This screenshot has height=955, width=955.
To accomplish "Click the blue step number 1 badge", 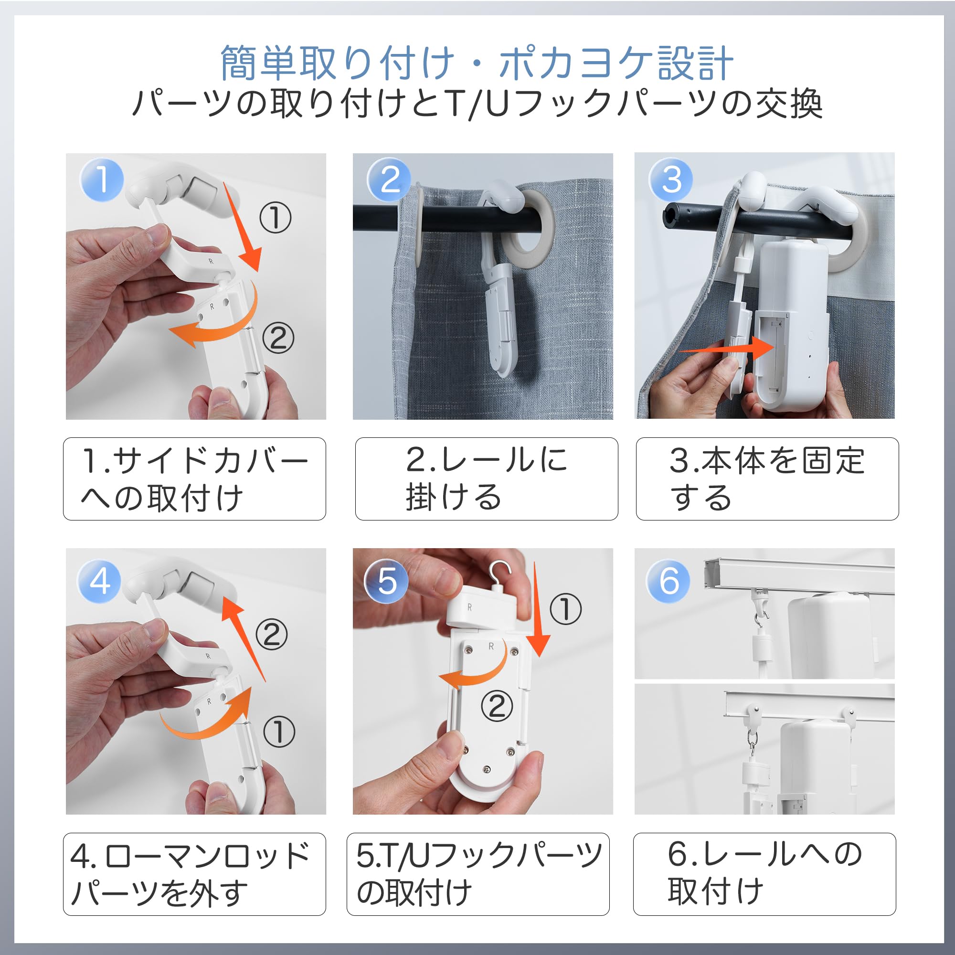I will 101,179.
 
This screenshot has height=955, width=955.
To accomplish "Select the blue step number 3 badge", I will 671,179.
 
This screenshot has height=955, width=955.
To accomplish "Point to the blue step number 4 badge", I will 100,581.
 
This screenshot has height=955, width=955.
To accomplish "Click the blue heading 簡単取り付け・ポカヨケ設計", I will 477,64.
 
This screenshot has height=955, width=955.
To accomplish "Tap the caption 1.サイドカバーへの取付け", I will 194,478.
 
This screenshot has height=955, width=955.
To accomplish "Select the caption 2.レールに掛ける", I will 487,478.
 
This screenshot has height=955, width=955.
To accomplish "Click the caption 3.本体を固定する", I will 767,478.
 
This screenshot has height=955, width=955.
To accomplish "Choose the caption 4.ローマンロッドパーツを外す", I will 194,874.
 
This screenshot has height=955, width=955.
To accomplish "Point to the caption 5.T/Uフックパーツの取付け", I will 478,874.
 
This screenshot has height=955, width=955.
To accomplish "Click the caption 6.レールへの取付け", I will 764,874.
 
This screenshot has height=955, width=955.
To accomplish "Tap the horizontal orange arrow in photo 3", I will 727,348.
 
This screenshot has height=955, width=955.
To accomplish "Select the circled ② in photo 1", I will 278,338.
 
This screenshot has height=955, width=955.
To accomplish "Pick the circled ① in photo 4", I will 279,732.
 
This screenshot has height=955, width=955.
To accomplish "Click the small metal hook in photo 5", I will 501,574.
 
